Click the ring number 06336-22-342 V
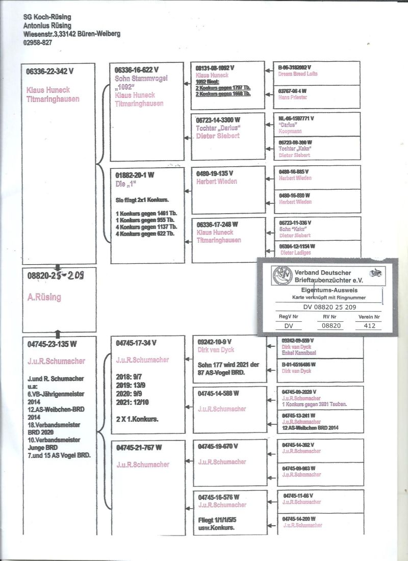click(50, 72)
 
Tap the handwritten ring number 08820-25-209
click(56, 276)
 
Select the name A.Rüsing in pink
click(44, 297)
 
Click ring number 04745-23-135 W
click(52, 344)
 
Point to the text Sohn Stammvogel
click(141, 78)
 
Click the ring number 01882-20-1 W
click(135, 174)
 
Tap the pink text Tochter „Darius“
click(218, 127)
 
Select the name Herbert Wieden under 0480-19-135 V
click(217, 181)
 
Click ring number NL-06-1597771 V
click(296, 118)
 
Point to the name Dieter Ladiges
click(296, 252)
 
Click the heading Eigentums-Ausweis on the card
click(328, 289)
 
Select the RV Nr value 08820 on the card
click(329, 325)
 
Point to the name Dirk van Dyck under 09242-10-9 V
click(218, 350)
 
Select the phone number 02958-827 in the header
click(38, 42)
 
